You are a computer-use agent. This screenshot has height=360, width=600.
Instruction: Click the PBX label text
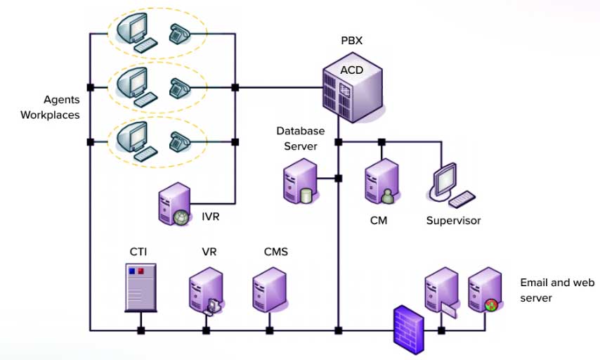point(351,41)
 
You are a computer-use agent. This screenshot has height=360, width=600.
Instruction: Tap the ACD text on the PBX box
point(351,70)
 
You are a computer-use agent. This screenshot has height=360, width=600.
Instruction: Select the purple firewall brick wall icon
point(408,325)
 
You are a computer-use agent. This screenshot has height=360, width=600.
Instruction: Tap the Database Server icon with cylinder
point(298,181)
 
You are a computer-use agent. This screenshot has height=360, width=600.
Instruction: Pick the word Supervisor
point(453,221)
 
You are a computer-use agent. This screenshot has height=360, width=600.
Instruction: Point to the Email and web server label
point(556,290)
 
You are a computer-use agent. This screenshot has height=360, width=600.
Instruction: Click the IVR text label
point(210,217)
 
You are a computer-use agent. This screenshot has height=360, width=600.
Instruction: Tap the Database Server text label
point(300,139)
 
